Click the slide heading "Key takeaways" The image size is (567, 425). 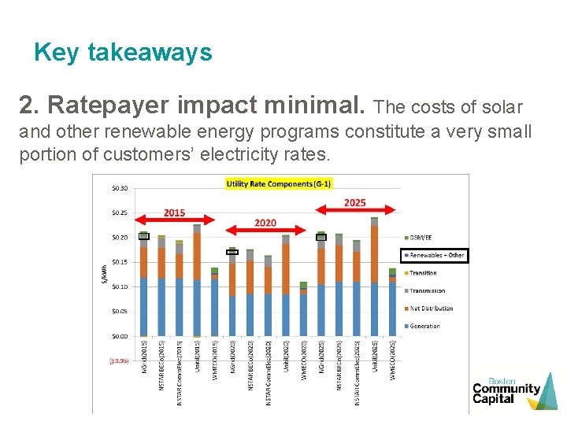click(x=123, y=53)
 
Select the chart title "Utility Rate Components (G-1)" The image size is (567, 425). click(x=279, y=183)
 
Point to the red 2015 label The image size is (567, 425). click(x=174, y=213)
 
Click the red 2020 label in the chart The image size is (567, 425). click(x=265, y=223)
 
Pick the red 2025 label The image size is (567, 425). click(x=354, y=202)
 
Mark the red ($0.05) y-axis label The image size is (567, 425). click(x=120, y=361)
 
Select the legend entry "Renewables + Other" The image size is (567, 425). click(x=435, y=255)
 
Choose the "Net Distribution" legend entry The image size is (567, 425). click(x=432, y=309)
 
